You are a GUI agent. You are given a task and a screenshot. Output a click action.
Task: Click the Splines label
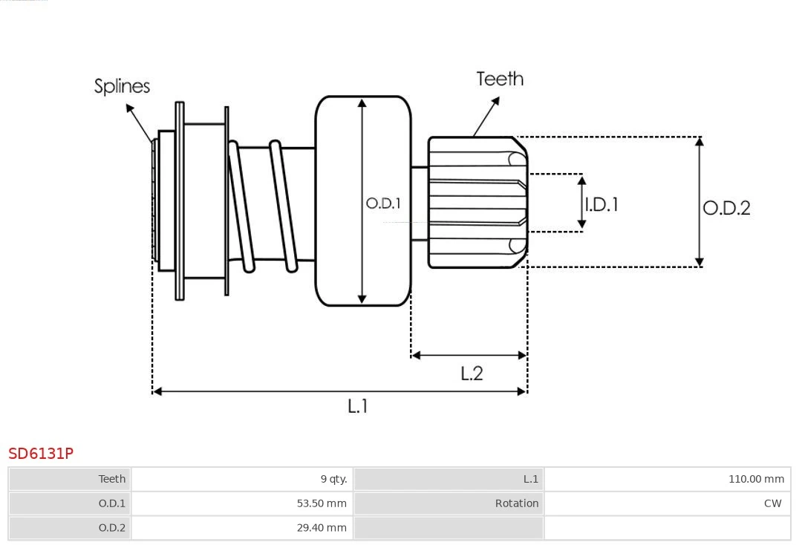click(122, 86)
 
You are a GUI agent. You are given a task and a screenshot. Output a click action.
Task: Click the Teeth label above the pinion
click(500, 79)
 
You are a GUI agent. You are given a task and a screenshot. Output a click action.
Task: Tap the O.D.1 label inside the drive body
click(383, 203)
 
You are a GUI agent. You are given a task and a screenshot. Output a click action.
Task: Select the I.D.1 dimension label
click(601, 204)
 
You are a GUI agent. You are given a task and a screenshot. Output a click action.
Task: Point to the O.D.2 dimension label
click(726, 208)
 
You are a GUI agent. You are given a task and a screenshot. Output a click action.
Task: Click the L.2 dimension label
click(472, 373)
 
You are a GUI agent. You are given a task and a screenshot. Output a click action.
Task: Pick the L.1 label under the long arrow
click(357, 406)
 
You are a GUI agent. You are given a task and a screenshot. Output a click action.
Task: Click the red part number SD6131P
click(41, 454)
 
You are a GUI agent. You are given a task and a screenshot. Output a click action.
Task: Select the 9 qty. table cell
click(333, 479)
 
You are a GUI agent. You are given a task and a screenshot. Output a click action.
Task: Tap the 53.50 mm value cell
click(322, 503)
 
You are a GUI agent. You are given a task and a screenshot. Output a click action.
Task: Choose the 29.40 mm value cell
click(322, 528)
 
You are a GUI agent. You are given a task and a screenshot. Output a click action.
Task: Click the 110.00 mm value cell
click(757, 479)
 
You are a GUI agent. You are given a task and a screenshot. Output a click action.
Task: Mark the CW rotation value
click(773, 503)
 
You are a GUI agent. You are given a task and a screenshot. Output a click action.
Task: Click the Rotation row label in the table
click(517, 503)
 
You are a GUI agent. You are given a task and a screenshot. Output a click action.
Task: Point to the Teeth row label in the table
click(112, 479)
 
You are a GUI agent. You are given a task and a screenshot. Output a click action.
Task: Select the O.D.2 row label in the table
click(112, 528)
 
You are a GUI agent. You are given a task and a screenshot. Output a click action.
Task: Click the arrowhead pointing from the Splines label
click(130, 108)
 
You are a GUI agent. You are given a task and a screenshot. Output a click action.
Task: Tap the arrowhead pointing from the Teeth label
click(495, 101)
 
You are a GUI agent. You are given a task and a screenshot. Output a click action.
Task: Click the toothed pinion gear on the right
click(477, 203)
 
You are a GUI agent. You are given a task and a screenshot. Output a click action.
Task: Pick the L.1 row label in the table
click(531, 479)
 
